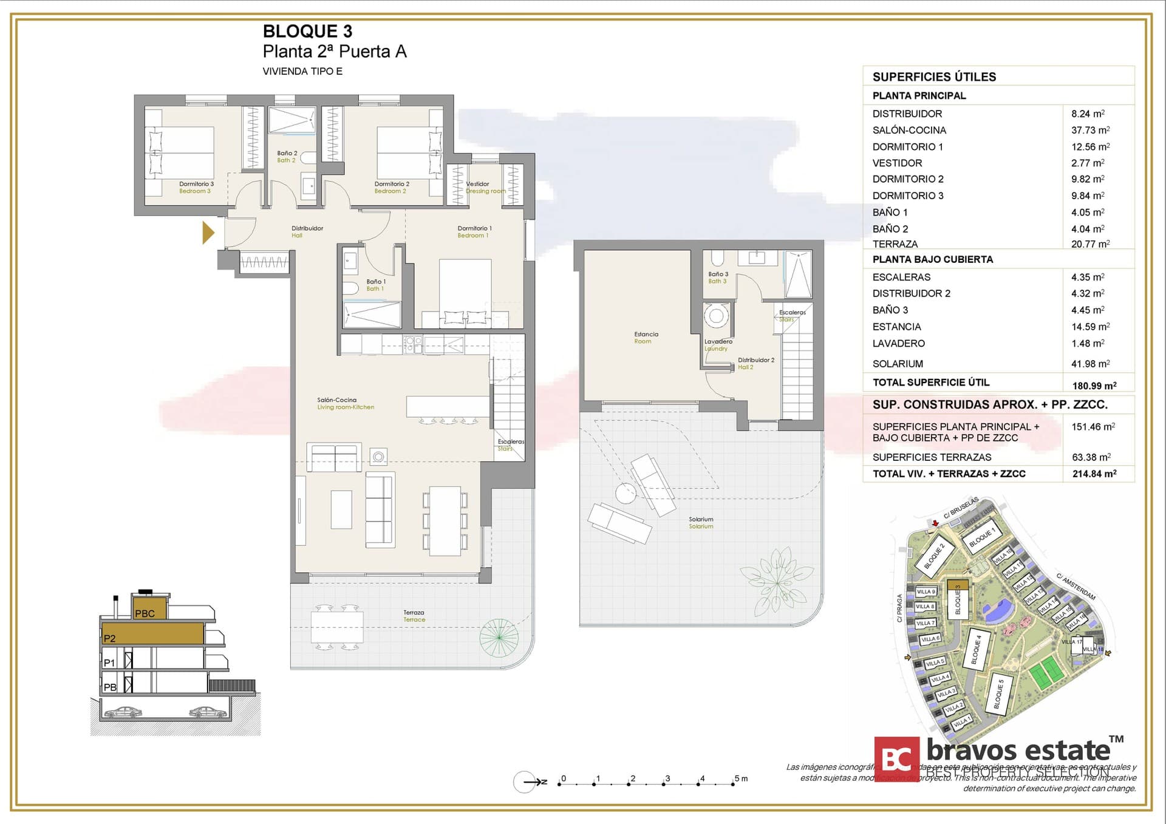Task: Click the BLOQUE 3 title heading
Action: (307, 31)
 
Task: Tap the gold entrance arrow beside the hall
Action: (208, 233)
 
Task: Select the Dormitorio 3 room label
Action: (196, 187)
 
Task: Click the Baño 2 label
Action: (287, 157)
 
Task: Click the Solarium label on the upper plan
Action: (701, 522)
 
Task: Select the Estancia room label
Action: (646, 337)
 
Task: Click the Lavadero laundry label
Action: (718, 344)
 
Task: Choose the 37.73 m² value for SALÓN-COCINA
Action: (1090, 130)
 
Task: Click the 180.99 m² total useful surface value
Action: (1094, 386)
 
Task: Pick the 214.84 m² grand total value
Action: (1094, 474)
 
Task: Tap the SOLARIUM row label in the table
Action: (898, 364)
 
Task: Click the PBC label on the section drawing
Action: (145, 613)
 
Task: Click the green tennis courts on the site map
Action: (1044, 674)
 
